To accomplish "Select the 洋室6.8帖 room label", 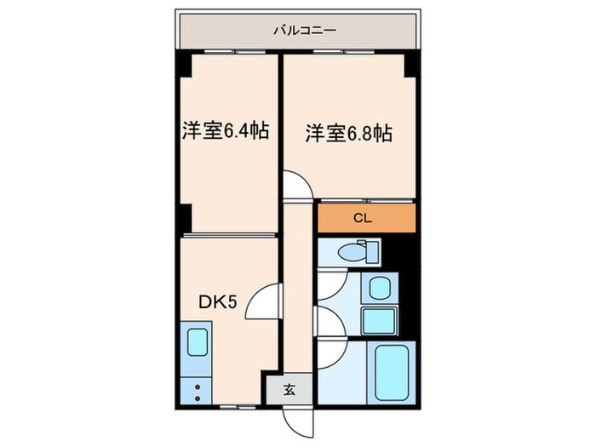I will tap(348, 133).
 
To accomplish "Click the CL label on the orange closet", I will tap(364, 219).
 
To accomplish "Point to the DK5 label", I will tap(218, 302).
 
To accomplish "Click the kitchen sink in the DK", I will tap(197, 342).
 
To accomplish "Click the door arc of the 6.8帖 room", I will tap(295, 185).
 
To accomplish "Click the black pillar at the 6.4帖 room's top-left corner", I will tap(183, 65).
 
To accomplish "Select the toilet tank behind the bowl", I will tap(370, 250).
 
